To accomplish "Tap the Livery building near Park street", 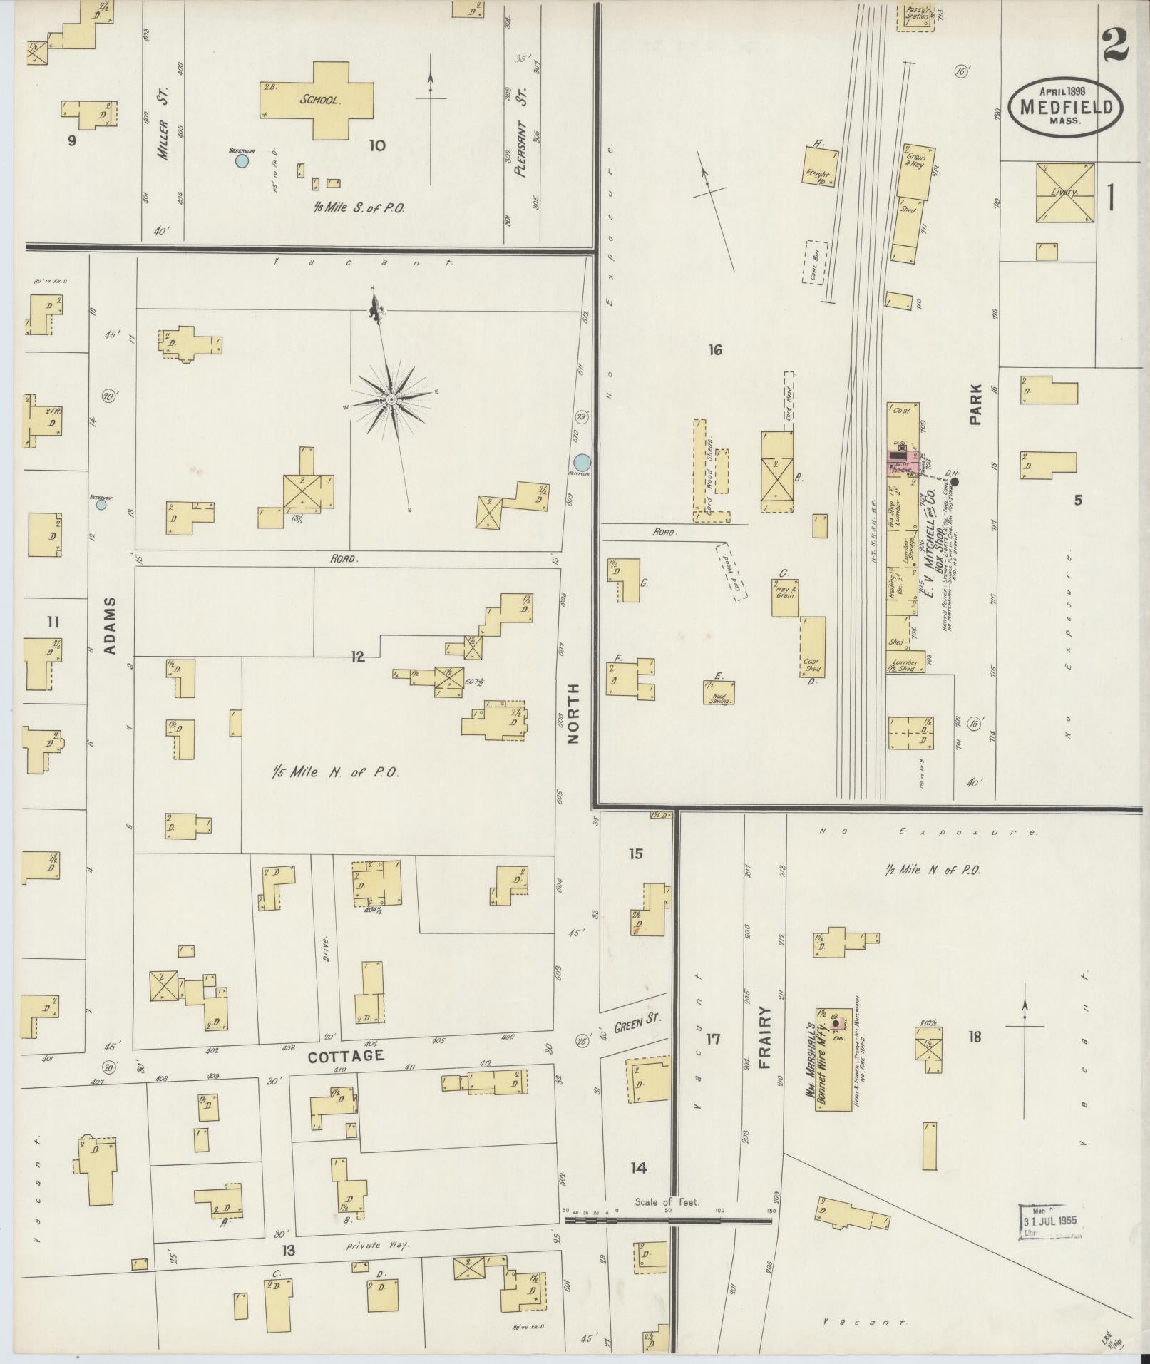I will (1065, 193).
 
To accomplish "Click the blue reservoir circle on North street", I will (582, 462).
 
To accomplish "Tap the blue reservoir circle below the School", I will (242, 161).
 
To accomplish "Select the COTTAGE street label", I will (346, 1055).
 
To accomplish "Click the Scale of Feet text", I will (667, 1201).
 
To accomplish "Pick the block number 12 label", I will (357, 657).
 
